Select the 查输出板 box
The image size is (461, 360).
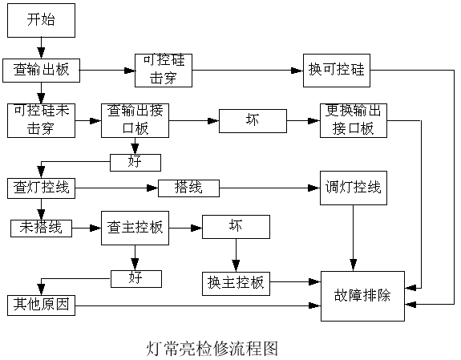(x=42, y=69)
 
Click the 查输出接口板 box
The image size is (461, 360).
(x=134, y=119)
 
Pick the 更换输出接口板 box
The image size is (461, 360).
(x=354, y=119)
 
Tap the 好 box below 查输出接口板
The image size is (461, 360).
(x=135, y=163)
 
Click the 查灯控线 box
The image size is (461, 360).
(x=42, y=188)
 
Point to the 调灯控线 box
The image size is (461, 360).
(x=353, y=188)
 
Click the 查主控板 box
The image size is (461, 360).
(x=135, y=228)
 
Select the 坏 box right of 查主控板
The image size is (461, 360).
(x=236, y=228)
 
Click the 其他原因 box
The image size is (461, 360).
(x=42, y=305)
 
